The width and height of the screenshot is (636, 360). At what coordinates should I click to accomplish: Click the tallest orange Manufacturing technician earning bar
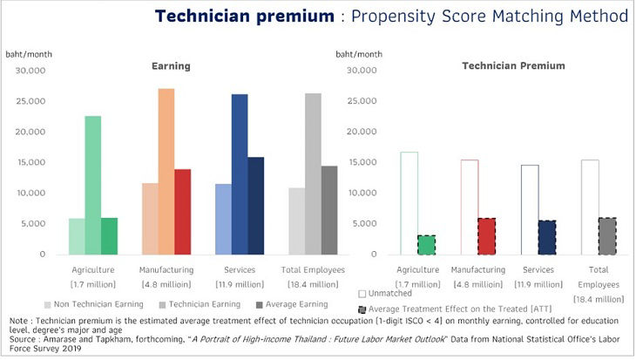click(x=166, y=172)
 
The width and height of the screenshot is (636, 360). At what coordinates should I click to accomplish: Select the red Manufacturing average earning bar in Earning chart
click(x=183, y=212)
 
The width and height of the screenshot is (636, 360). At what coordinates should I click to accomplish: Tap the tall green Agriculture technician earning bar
click(x=93, y=186)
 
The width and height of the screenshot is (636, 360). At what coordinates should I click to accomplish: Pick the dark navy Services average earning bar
click(x=256, y=206)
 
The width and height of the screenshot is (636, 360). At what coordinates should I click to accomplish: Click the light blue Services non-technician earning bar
click(x=224, y=219)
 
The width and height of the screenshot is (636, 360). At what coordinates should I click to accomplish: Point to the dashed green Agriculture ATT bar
click(x=426, y=245)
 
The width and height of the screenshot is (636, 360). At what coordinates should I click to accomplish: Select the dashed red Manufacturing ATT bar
click(x=487, y=236)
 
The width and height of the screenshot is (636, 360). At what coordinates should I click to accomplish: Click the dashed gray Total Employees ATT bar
click(x=607, y=236)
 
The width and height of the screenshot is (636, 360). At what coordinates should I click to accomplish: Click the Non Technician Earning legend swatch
click(x=47, y=305)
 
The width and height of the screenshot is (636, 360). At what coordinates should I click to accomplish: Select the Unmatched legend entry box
click(x=362, y=294)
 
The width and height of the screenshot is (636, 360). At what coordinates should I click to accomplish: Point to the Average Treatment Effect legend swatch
click(x=362, y=309)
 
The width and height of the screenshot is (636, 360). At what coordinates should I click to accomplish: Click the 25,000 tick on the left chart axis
click(x=30, y=101)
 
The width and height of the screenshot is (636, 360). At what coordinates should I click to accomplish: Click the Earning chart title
click(x=171, y=66)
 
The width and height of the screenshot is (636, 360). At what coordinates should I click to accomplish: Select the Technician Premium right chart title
click(x=513, y=65)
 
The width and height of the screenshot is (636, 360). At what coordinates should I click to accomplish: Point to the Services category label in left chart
click(x=240, y=270)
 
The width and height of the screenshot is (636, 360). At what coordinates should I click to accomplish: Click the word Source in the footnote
click(x=23, y=339)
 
